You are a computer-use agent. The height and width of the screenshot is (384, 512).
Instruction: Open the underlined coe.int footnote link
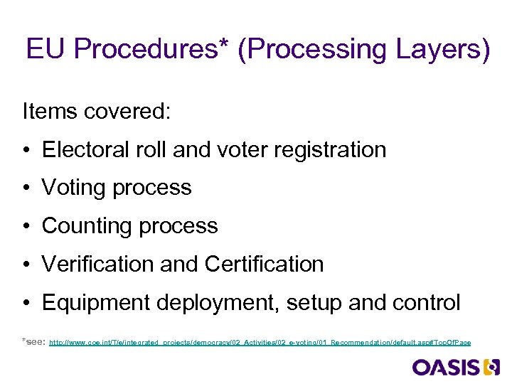(260, 343)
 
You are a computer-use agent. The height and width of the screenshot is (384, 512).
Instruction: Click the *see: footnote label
(34, 342)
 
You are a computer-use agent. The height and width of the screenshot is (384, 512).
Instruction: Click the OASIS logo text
(445, 367)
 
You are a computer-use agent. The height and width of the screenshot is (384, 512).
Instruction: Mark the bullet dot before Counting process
(26, 227)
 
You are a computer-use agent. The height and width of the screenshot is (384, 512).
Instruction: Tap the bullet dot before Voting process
(26, 188)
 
